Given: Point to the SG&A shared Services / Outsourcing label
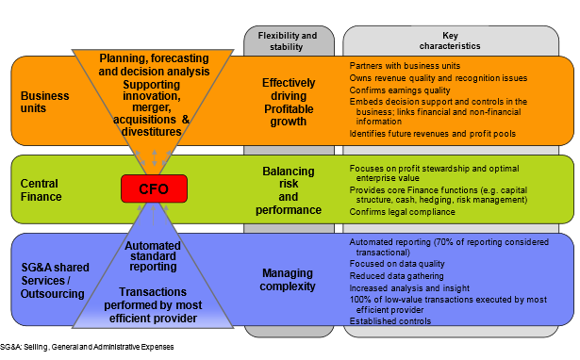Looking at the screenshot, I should pyautogui.click(x=50, y=279).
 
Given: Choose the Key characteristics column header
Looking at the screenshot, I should pyautogui.click(x=458, y=39).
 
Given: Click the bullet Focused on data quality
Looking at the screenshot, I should pyautogui.click(x=399, y=265).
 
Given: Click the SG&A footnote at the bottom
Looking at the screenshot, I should pyautogui.click(x=87, y=348).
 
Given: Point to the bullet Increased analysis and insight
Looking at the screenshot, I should pyautogui.click(x=408, y=287).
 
